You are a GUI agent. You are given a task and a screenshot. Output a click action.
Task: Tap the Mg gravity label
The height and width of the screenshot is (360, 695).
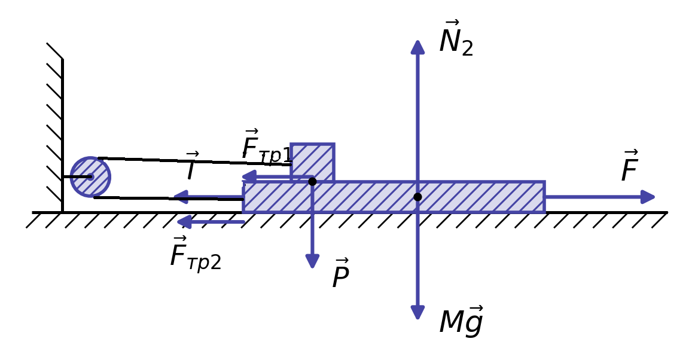pyautogui.click(x=461, y=321)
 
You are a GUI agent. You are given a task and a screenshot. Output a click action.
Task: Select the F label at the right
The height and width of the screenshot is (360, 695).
pyautogui.click(x=629, y=166)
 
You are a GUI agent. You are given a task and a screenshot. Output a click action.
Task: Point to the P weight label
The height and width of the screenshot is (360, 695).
pyautogui.click(x=341, y=273)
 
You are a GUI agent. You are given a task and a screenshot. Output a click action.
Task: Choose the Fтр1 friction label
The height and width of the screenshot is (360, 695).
pyautogui.click(x=267, y=145)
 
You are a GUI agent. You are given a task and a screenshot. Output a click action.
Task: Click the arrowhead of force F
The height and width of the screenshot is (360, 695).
pyautogui.click(x=648, y=197)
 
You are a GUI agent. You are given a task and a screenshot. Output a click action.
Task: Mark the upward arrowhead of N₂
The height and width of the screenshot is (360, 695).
pyautogui.click(x=417, y=47)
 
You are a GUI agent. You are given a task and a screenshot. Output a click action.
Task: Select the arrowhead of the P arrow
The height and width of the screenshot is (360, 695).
pyautogui.click(x=312, y=261)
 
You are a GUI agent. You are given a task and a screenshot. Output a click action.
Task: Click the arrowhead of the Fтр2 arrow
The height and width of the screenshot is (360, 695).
pyautogui.click(x=184, y=222)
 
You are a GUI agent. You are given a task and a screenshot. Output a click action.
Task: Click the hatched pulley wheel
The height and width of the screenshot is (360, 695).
pyautogui.click(x=90, y=177)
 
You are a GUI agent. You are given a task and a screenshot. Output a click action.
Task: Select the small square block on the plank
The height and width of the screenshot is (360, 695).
pyautogui.click(x=312, y=162)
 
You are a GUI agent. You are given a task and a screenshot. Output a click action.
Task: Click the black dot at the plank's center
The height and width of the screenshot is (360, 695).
pyautogui.click(x=417, y=197)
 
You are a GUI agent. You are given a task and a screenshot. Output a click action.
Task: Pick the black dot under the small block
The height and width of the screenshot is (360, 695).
pyautogui.click(x=312, y=181)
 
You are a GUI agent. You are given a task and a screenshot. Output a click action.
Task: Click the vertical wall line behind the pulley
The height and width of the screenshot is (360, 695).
pyautogui.click(x=62, y=135)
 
